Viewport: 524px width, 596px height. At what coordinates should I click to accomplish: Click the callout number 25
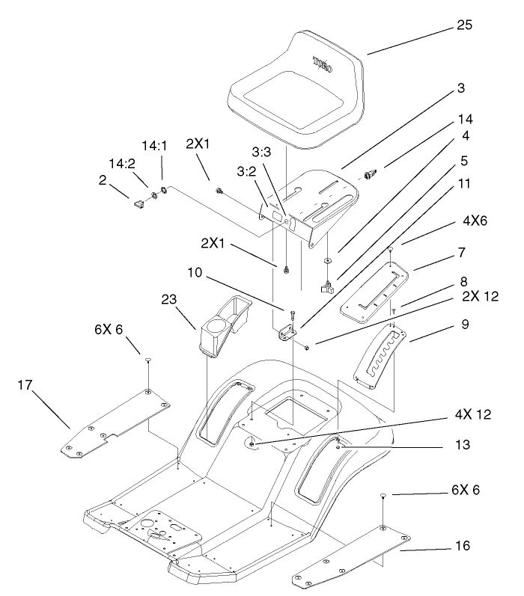464,28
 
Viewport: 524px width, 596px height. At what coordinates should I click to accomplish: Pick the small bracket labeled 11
285,334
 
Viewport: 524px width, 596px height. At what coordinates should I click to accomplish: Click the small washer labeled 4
328,259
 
